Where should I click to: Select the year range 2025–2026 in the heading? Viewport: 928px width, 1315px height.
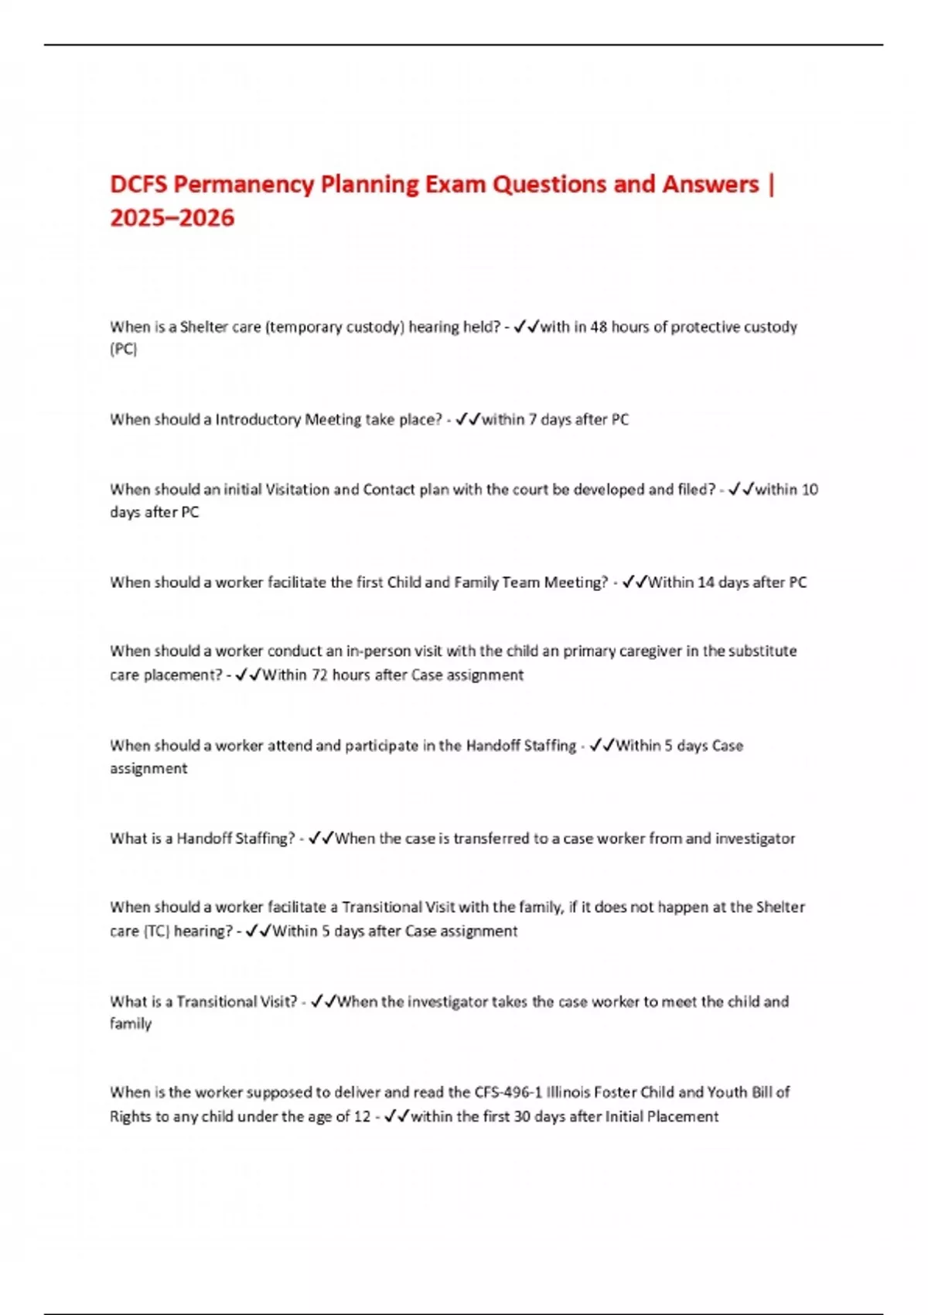point(172,218)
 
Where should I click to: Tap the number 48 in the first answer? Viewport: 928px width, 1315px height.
point(599,327)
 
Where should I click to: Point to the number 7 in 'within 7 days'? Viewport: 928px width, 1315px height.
point(532,420)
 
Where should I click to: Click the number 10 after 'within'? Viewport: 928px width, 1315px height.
point(810,490)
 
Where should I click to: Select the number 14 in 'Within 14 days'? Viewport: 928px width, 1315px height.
point(705,582)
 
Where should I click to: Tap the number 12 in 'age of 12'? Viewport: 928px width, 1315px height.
point(362,1117)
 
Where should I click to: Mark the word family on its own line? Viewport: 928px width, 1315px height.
point(131,1024)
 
